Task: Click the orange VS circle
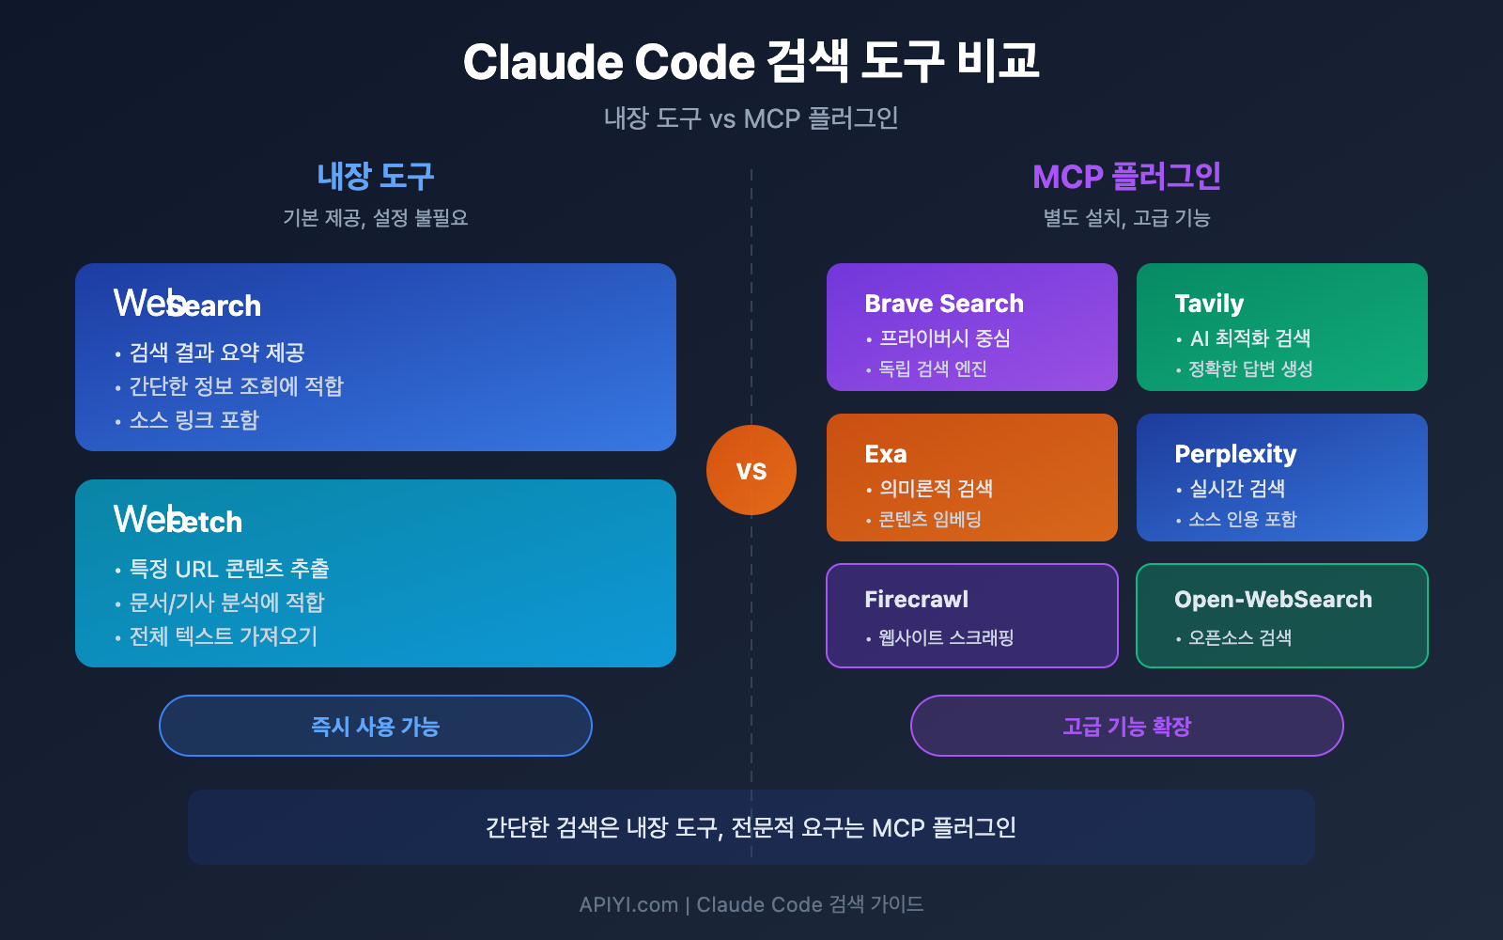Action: click(x=751, y=470)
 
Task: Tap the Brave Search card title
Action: click(x=943, y=304)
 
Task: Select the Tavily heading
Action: click(x=1208, y=304)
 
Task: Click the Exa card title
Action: click(x=885, y=454)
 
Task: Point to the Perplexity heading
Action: click(x=1234, y=454)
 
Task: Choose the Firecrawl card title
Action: click(x=916, y=600)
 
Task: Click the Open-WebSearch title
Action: click(x=1272, y=600)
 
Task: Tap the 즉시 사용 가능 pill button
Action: click(x=376, y=726)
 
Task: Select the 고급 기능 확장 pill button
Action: click(x=1126, y=726)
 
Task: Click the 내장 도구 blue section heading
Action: click(x=376, y=176)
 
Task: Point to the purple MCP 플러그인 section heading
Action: click(x=1126, y=176)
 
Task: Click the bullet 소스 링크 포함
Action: click(x=194, y=420)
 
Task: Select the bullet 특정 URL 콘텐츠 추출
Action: click(x=228, y=569)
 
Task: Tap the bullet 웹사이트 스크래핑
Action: click(x=945, y=638)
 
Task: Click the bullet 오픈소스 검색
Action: click(x=1239, y=638)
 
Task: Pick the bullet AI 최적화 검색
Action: click(x=1249, y=338)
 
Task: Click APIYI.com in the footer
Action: click(x=628, y=904)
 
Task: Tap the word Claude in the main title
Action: click(x=543, y=62)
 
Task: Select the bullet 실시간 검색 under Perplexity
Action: click(x=1236, y=489)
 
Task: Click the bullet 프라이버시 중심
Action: click(x=944, y=338)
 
